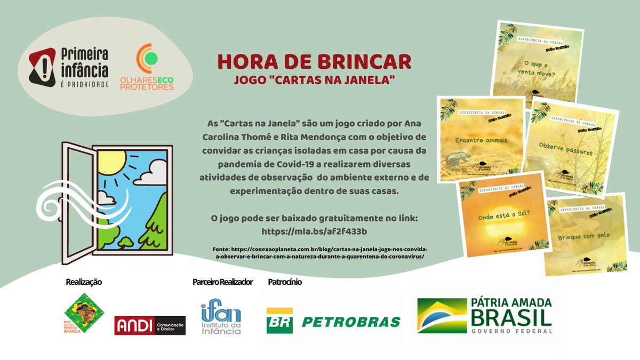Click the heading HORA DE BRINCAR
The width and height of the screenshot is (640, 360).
pyautogui.click(x=314, y=61)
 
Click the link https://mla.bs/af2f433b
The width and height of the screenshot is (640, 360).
pyautogui.click(x=314, y=231)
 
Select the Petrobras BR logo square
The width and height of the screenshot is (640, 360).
pyautogui.click(x=279, y=321)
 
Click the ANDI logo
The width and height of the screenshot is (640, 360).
pyautogui.click(x=150, y=325)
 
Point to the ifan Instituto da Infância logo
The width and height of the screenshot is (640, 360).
pyautogui.click(x=221, y=318)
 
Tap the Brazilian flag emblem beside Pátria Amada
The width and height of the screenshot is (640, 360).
pyautogui.click(x=439, y=316)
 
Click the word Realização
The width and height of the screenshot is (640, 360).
pyautogui.click(x=83, y=282)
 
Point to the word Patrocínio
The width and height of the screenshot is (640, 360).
pyautogui.click(x=285, y=282)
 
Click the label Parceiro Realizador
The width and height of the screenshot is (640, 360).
pyautogui.click(x=222, y=282)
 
